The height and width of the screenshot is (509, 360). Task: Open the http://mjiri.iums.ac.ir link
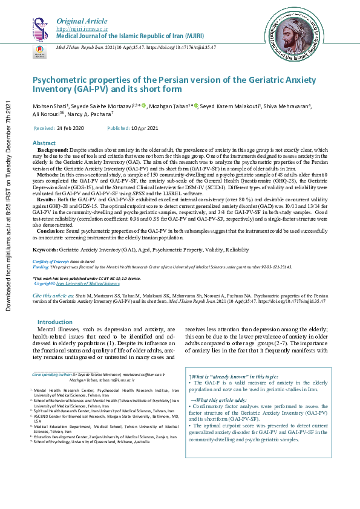tap(82, 29)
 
